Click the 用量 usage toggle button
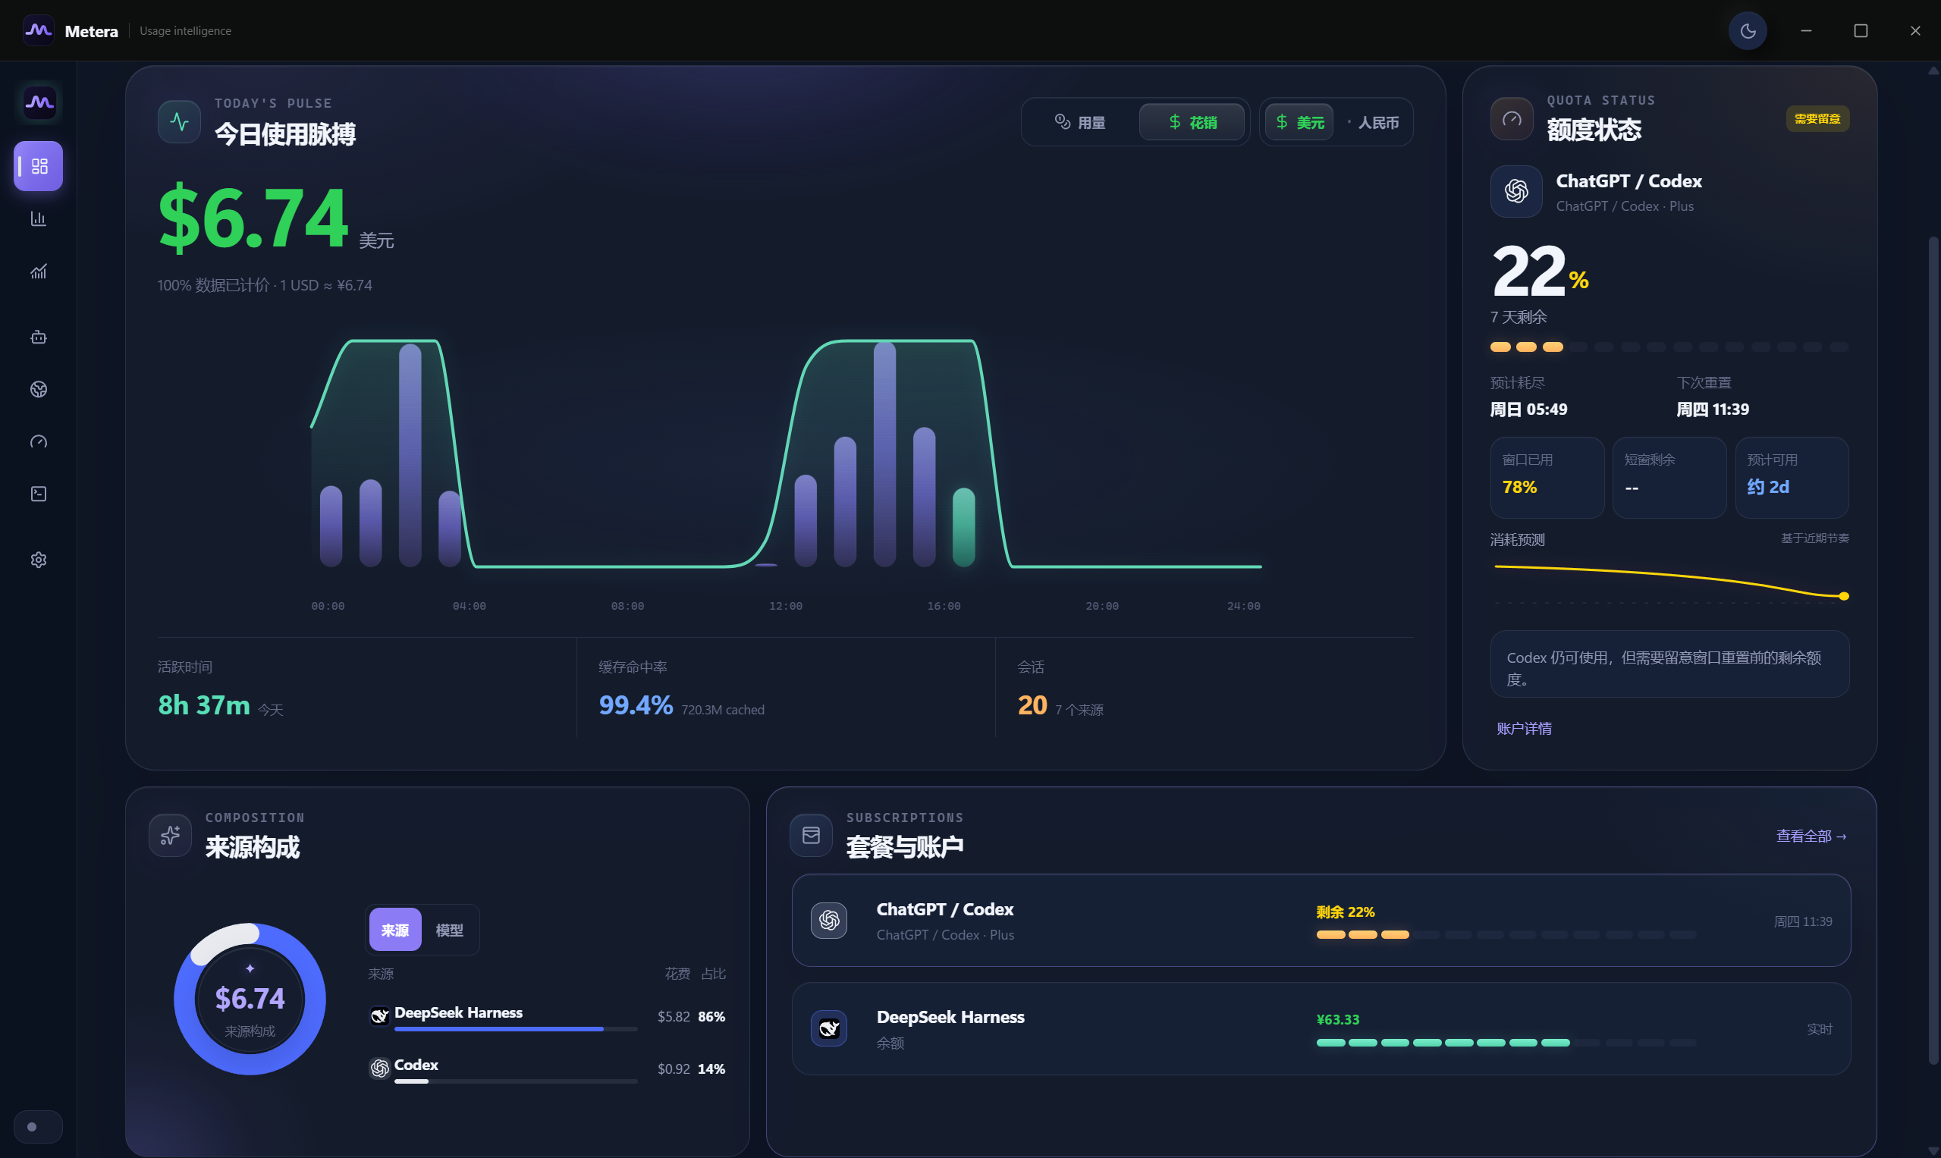coord(1080,123)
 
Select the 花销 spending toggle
coord(1192,123)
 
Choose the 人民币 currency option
coord(1375,123)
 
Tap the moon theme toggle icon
coord(1748,31)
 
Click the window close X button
coord(1915,31)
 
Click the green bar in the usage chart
coord(964,527)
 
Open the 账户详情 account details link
coord(1524,729)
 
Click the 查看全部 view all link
coord(1811,836)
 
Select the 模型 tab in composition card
coord(450,930)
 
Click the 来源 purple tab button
coord(395,930)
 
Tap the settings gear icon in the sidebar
coord(38,560)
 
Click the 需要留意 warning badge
coord(1817,119)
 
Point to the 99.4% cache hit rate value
coord(636,705)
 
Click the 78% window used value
coord(1519,488)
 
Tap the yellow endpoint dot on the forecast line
coord(1843,597)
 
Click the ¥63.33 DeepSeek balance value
coord(1337,1020)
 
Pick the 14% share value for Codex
coord(711,1069)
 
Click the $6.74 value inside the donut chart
coord(250,999)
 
